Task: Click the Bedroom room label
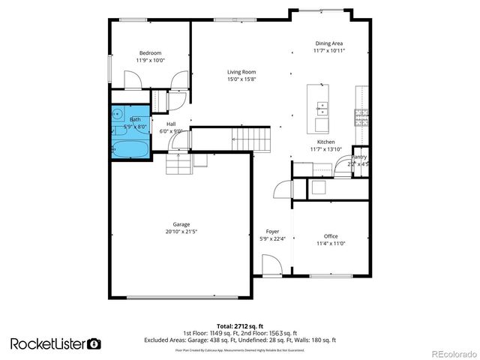[x=150, y=53]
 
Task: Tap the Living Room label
[x=241, y=72]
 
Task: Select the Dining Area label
[x=329, y=43]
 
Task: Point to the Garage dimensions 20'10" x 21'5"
[x=181, y=232]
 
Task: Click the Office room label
[x=331, y=235]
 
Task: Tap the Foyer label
[x=272, y=231]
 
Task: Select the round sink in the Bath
[x=118, y=115]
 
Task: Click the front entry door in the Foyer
[x=271, y=265]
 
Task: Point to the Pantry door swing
[x=344, y=169]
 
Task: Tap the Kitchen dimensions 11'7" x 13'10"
[x=325, y=149]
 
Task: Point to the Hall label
[x=171, y=124]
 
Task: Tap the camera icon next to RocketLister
[x=94, y=343]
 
